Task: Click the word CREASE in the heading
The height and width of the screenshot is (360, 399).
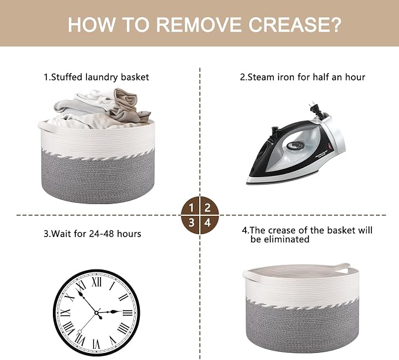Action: [295, 25]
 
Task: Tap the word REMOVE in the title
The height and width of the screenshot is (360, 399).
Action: [199, 25]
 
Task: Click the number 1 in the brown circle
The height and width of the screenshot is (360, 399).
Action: [192, 208]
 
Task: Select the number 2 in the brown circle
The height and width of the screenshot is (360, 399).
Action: [207, 208]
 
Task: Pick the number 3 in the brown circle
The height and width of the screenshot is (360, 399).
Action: [192, 223]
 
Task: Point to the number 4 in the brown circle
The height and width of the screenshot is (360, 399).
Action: [208, 223]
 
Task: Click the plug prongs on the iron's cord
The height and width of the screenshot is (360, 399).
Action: [311, 106]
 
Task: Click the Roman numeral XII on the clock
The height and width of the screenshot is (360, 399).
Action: [96, 282]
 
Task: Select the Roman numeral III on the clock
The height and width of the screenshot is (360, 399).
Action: [128, 312]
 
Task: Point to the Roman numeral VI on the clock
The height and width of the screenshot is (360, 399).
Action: [96, 344]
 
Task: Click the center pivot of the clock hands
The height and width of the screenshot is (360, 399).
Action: [97, 312]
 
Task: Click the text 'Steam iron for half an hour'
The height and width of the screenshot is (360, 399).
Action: [306, 77]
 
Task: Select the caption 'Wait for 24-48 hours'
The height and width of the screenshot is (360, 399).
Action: [96, 234]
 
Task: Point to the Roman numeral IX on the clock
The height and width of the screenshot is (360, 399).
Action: [66, 312]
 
